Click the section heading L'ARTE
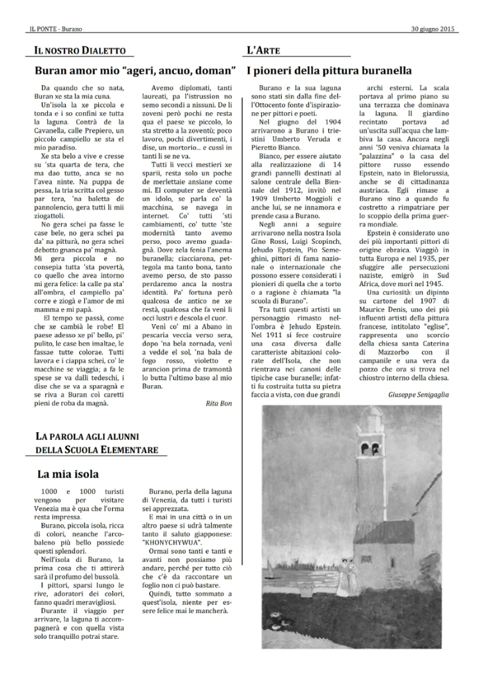[258, 50]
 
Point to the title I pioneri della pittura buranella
[329, 70]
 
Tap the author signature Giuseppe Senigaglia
[419, 394]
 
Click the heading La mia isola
[68, 474]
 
